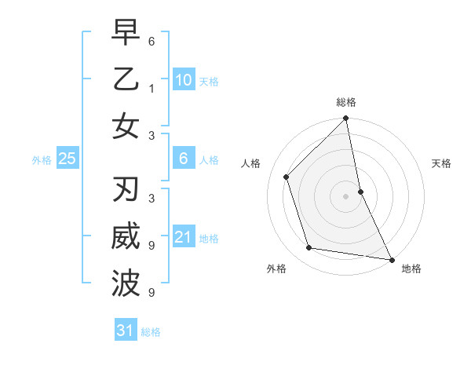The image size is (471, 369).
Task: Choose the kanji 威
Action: tap(126, 237)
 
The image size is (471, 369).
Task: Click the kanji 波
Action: tap(126, 282)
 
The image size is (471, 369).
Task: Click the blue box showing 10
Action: tap(183, 79)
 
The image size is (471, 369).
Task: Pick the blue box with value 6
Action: tap(183, 159)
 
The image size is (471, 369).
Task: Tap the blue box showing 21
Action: tap(183, 237)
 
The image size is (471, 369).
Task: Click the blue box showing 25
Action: tap(68, 159)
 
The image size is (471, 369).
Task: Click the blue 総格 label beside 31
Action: tap(151, 332)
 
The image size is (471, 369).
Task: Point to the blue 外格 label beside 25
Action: tap(42, 160)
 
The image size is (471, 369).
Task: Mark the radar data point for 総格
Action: tap(346, 119)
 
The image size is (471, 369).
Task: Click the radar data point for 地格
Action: tap(391, 259)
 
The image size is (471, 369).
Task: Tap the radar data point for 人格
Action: tap(287, 177)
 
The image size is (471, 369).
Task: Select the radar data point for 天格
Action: tap(360, 191)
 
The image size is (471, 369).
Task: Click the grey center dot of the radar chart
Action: tap(346, 195)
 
